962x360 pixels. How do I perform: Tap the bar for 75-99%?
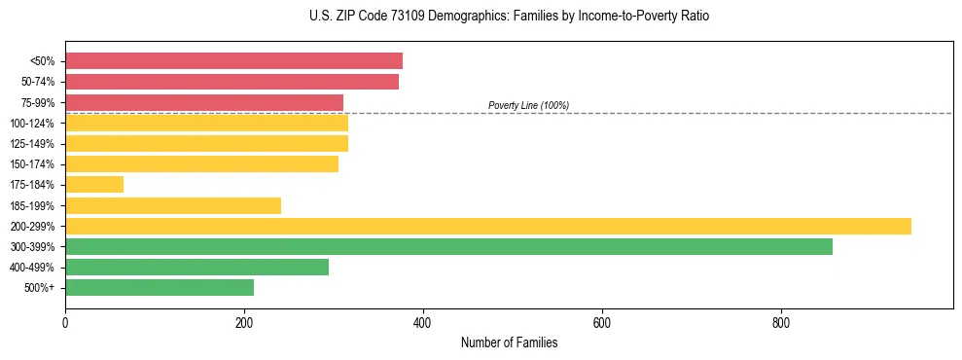(204, 102)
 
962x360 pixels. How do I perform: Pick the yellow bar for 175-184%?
(94, 185)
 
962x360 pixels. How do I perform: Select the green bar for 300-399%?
(448, 247)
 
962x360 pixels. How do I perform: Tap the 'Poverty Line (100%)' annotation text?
(528, 105)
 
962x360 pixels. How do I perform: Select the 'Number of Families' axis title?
(509, 343)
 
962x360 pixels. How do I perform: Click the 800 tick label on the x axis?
(781, 323)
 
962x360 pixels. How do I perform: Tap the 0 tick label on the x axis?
(65, 323)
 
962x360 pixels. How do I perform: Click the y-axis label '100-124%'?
(32, 124)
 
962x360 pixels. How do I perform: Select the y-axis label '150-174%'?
(32, 164)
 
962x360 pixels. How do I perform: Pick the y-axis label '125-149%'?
(32, 144)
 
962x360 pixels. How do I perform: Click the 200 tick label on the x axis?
(244, 323)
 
